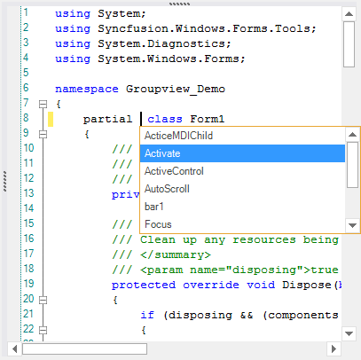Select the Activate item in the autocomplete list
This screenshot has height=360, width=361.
pos(162,153)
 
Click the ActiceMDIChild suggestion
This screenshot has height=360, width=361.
pos(178,136)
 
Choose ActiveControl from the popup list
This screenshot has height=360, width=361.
pos(174,171)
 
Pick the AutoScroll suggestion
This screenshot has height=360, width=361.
pos(167,189)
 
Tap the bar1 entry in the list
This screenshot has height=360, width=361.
pos(153,207)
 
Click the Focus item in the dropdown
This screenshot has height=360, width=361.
pos(158,224)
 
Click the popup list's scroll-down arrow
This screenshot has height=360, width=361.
pos(352,225)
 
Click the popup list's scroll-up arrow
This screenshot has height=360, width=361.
pos(352,135)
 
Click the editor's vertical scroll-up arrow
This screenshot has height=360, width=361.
pos(349,14)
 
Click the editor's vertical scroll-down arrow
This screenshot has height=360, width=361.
pos(349,333)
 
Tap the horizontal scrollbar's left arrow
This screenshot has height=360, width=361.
pos(14,349)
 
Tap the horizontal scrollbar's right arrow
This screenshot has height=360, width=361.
pos(334,349)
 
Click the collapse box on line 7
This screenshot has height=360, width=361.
pos(43,104)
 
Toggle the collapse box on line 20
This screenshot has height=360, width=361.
pos(43,300)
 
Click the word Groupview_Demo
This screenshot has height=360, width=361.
pos(176,89)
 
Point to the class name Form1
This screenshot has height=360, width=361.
pos(208,119)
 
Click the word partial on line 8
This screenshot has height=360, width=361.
pos(107,119)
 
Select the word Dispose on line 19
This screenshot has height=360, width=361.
pos(307,285)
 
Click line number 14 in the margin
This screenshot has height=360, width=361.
pos(28,208)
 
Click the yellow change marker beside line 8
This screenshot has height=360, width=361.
pos(51,119)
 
